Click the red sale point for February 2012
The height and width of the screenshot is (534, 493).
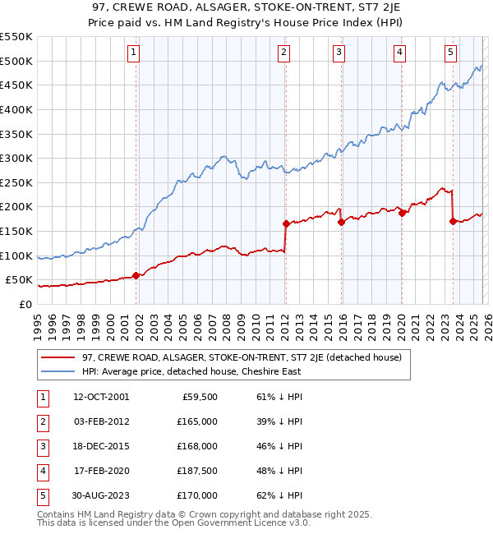pyautogui.click(x=286, y=223)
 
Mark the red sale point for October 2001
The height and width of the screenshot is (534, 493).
pyautogui.click(x=136, y=276)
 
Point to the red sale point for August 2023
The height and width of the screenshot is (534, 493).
pyautogui.click(x=453, y=221)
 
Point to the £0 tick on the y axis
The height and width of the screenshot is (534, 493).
pyautogui.click(x=26, y=304)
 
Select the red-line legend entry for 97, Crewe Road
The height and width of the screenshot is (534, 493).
pyautogui.click(x=241, y=357)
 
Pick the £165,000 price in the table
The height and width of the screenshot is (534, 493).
pyautogui.click(x=197, y=421)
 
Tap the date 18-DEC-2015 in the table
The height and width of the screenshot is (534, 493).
pyautogui.click(x=101, y=446)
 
